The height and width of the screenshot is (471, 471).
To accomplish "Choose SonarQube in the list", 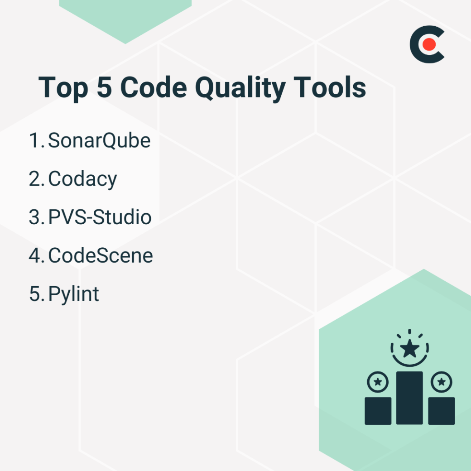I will (x=99, y=141).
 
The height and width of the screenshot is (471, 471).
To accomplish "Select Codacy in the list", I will (x=82, y=179).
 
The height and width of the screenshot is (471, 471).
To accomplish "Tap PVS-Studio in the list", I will (x=100, y=217).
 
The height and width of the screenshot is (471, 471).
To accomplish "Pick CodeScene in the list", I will (x=101, y=256).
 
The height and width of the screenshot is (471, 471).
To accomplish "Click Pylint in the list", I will (x=73, y=295).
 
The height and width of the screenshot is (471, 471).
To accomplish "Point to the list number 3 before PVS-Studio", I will (x=35, y=217).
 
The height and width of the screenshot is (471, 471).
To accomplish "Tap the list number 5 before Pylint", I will (x=35, y=294).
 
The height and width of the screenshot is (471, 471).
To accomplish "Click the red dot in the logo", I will (x=429, y=44).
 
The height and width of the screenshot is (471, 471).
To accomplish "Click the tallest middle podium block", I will (x=409, y=398).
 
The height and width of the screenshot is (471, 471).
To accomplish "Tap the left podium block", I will (x=378, y=411).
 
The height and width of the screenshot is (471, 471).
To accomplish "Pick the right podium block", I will (x=441, y=411).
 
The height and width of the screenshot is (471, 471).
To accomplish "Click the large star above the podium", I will (x=410, y=349).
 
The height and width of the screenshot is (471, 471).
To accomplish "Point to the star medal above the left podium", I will (x=378, y=383).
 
